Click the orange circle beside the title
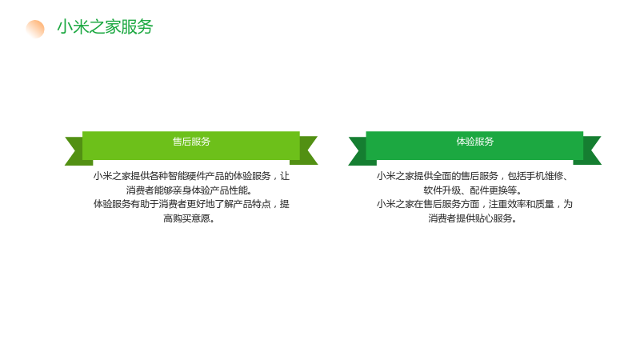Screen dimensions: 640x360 click(x=35, y=29)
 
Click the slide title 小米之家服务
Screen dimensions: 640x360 click(x=105, y=27)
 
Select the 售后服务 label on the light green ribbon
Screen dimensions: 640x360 click(x=191, y=142)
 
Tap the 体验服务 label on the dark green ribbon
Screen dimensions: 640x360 click(x=475, y=142)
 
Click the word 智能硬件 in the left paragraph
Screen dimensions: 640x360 click(x=186, y=176)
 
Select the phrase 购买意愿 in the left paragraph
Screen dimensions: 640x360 click(x=191, y=218)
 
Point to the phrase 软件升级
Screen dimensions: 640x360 click(x=442, y=190)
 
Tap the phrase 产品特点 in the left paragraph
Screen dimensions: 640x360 click(x=252, y=204)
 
